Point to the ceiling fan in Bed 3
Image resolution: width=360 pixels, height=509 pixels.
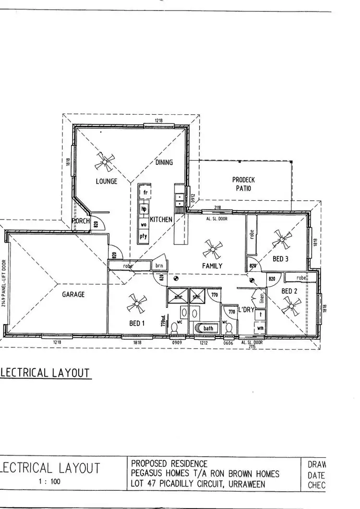click(281, 239)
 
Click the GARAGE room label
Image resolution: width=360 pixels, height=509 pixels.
click(73, 294)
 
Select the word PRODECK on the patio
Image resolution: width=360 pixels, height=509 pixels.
click(243, 180)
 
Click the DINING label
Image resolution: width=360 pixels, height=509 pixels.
click(164, 162)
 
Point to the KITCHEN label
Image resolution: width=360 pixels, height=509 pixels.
click(161, 219)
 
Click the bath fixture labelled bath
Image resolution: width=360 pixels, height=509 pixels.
click(208, 328)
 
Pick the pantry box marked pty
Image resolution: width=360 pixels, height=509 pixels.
click(144, 236)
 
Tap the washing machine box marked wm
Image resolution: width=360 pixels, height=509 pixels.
click(260, 328)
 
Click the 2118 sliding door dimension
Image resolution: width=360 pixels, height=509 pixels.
click(217, 207)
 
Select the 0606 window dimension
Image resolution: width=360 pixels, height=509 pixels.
click(228, 343)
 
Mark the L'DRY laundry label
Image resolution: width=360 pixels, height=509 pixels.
click(245, 310)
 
